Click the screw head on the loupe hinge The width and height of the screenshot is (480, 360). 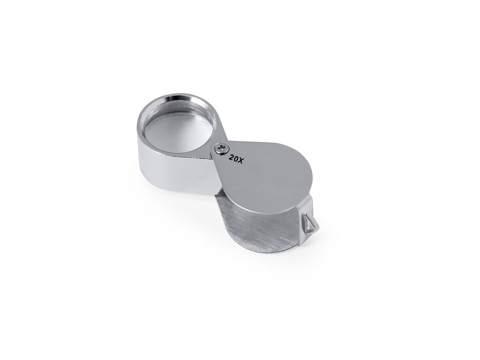222,149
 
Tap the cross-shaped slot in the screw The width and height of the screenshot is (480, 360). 222,149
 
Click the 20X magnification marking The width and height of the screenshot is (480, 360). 236,159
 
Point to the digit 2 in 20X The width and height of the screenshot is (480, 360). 231,158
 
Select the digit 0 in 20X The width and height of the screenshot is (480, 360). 236,159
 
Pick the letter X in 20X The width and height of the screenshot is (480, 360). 240,161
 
